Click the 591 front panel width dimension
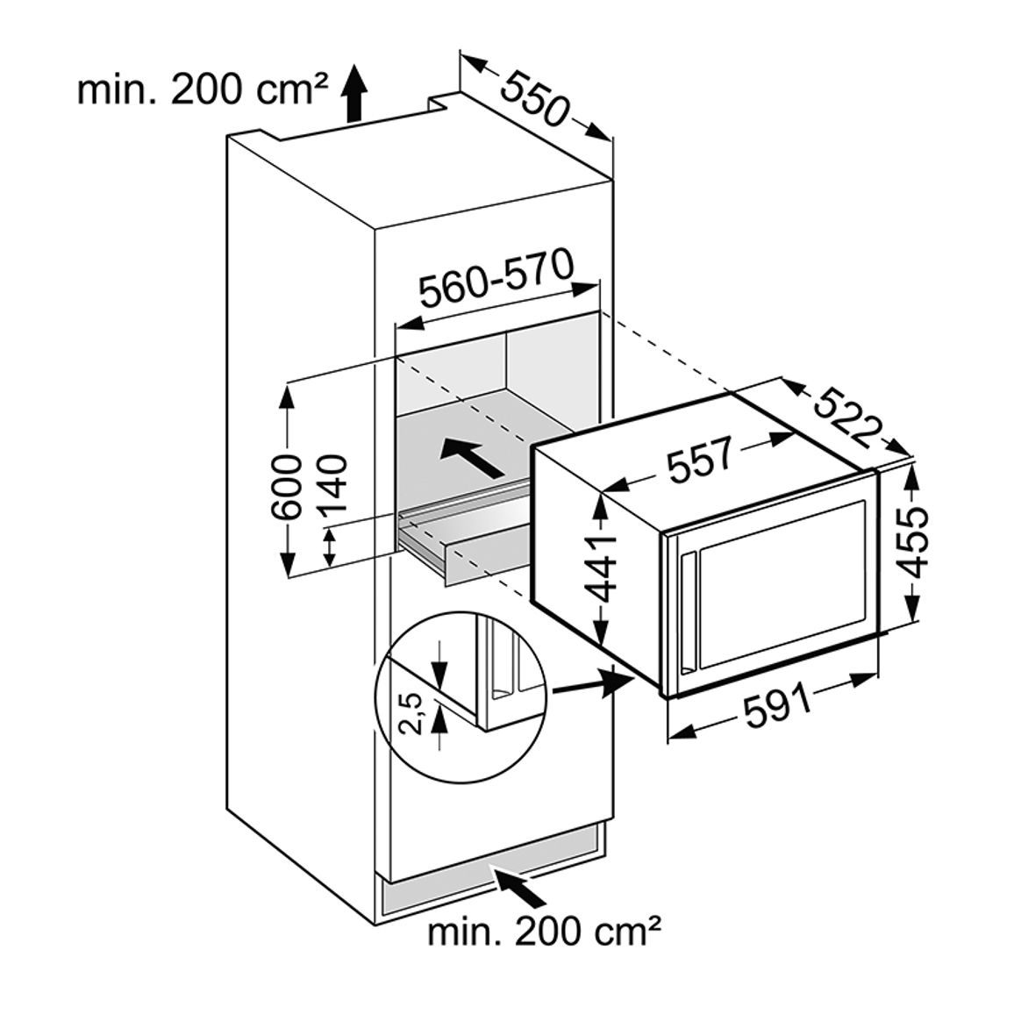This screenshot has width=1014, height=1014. (777, 710)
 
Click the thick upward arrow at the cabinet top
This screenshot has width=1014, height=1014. (353, 93)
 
